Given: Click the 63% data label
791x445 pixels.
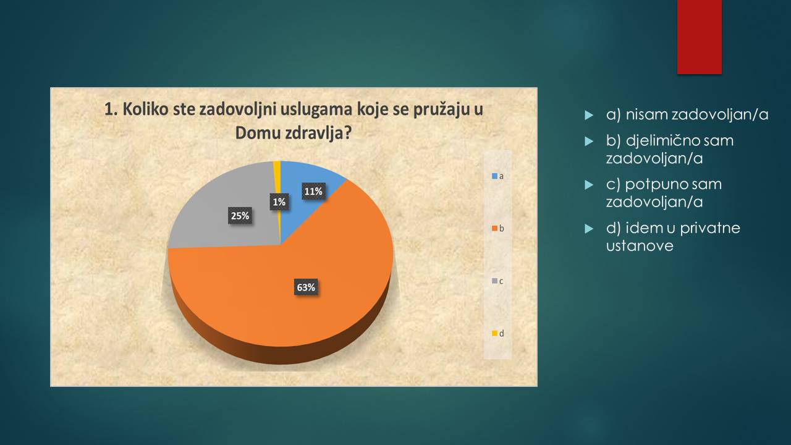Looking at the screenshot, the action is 306,287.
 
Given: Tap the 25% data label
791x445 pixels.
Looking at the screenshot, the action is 240,216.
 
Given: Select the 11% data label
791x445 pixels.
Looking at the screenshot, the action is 313,192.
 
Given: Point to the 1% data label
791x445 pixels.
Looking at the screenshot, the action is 279,201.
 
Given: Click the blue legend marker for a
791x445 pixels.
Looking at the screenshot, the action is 495,176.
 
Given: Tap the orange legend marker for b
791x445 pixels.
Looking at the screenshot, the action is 495,229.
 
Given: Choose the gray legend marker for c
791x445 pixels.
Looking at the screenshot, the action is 495,281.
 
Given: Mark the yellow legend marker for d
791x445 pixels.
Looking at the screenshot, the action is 495,333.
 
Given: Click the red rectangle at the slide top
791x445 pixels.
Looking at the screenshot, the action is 699,37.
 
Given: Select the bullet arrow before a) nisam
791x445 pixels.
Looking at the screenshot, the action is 589,115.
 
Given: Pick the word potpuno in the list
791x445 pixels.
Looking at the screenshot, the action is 653,185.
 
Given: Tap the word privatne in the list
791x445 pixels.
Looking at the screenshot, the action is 710,228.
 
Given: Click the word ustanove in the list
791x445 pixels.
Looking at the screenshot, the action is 640,246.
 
